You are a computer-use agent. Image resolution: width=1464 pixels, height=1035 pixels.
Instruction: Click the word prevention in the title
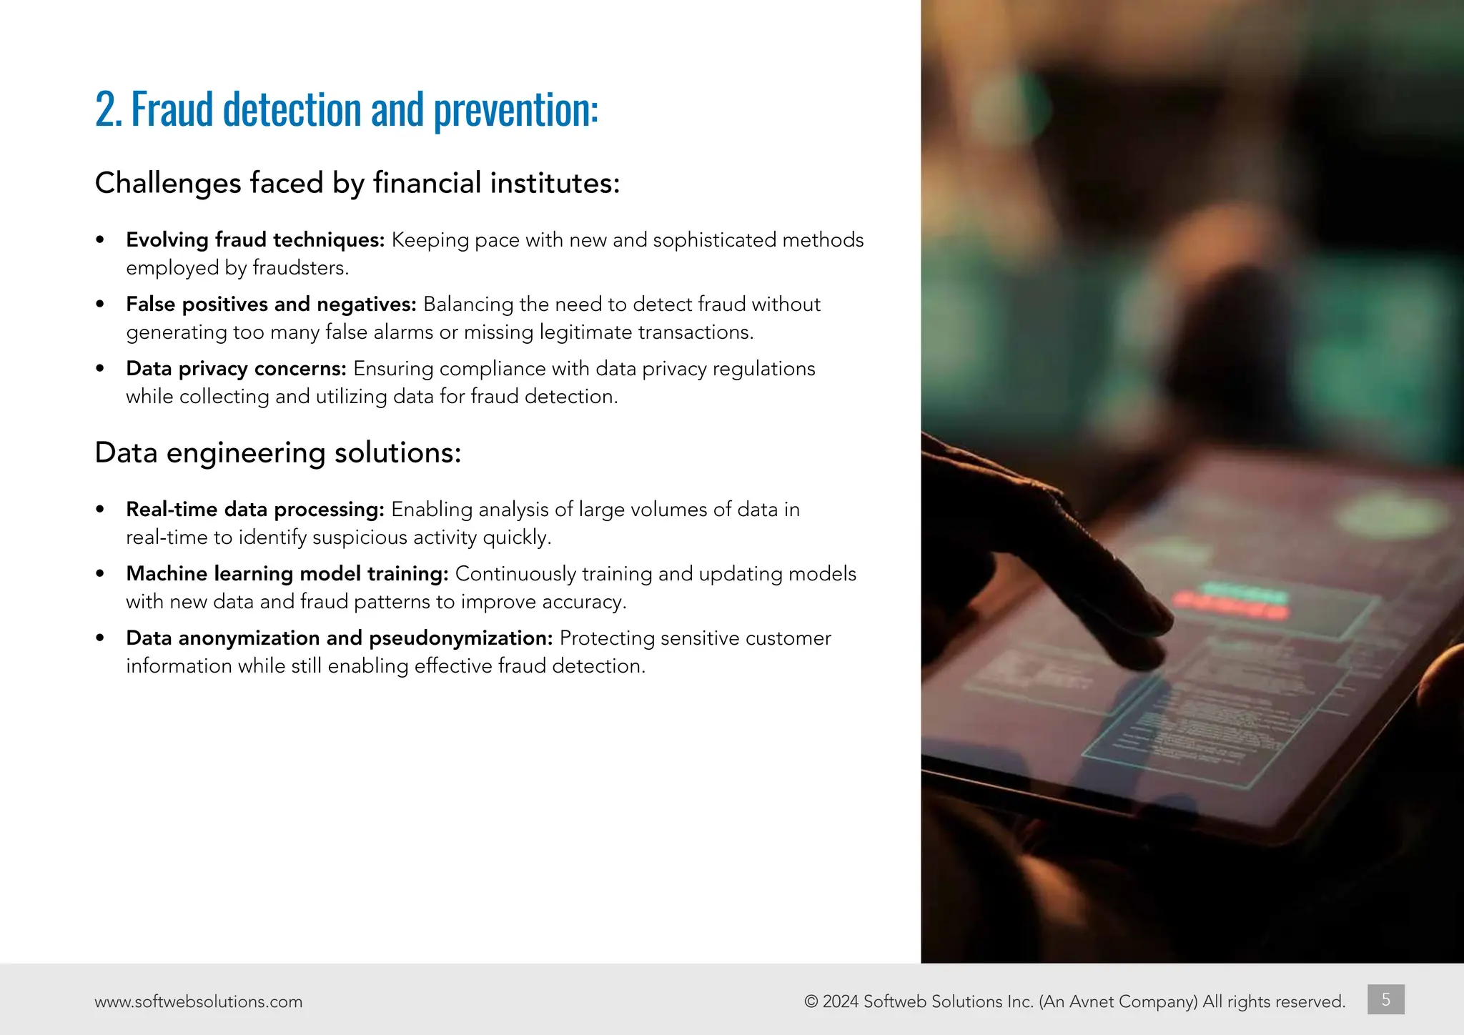(515, 110)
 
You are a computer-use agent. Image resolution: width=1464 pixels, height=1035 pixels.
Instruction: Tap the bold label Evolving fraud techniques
(255, 239)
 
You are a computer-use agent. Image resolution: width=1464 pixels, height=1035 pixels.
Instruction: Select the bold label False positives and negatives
(271, 304)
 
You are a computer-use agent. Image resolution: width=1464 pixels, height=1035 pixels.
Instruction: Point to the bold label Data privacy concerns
(236, 368)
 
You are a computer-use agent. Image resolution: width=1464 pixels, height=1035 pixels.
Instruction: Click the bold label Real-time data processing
(255, 509)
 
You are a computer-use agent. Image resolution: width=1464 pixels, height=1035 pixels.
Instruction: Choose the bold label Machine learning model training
(287, 573)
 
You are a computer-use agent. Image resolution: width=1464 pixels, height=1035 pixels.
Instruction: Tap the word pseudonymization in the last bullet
(460, 638)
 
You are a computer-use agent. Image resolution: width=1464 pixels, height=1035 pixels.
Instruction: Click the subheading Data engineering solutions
(277, 452)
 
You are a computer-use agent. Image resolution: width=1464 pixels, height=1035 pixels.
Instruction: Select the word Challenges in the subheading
(168, 183)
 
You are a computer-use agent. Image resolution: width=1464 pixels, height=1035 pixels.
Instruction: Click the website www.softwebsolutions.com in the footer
(198, 1001)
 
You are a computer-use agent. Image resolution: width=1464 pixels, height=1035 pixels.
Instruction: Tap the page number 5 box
(1385, 999)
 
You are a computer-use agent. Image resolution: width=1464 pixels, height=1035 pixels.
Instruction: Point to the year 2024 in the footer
(840, 1001)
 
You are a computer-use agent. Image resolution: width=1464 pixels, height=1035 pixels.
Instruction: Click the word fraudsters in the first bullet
(300, 268)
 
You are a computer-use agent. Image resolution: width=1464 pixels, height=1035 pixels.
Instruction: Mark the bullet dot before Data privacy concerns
(100, 368)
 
